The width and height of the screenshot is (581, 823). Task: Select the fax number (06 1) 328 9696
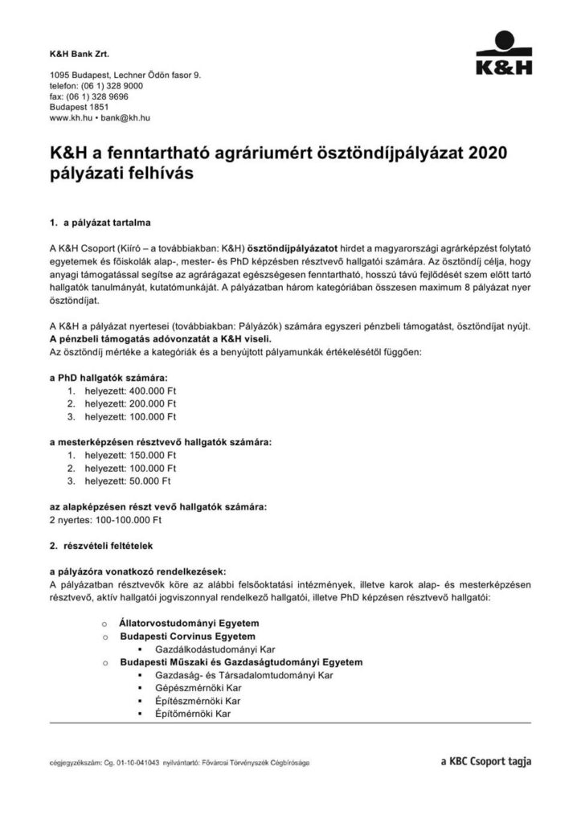pos(100,96)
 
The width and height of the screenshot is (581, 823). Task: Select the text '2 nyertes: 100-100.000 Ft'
pos(105,519)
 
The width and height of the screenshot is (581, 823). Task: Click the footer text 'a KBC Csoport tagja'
pos(485,760)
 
